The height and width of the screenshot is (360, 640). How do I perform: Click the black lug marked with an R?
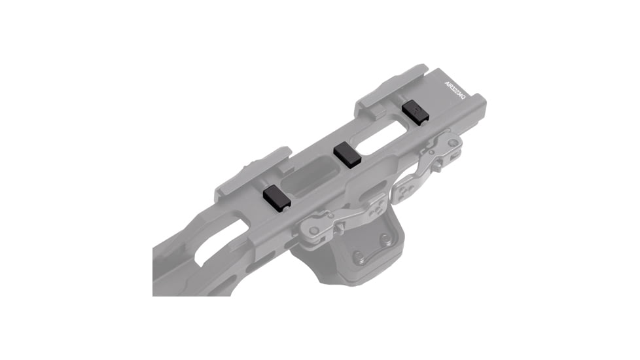click(x=415, y=111)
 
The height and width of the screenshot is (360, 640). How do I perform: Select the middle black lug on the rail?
click(x=347, y=154)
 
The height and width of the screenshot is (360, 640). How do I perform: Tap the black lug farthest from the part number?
click(x=277, y=196)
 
